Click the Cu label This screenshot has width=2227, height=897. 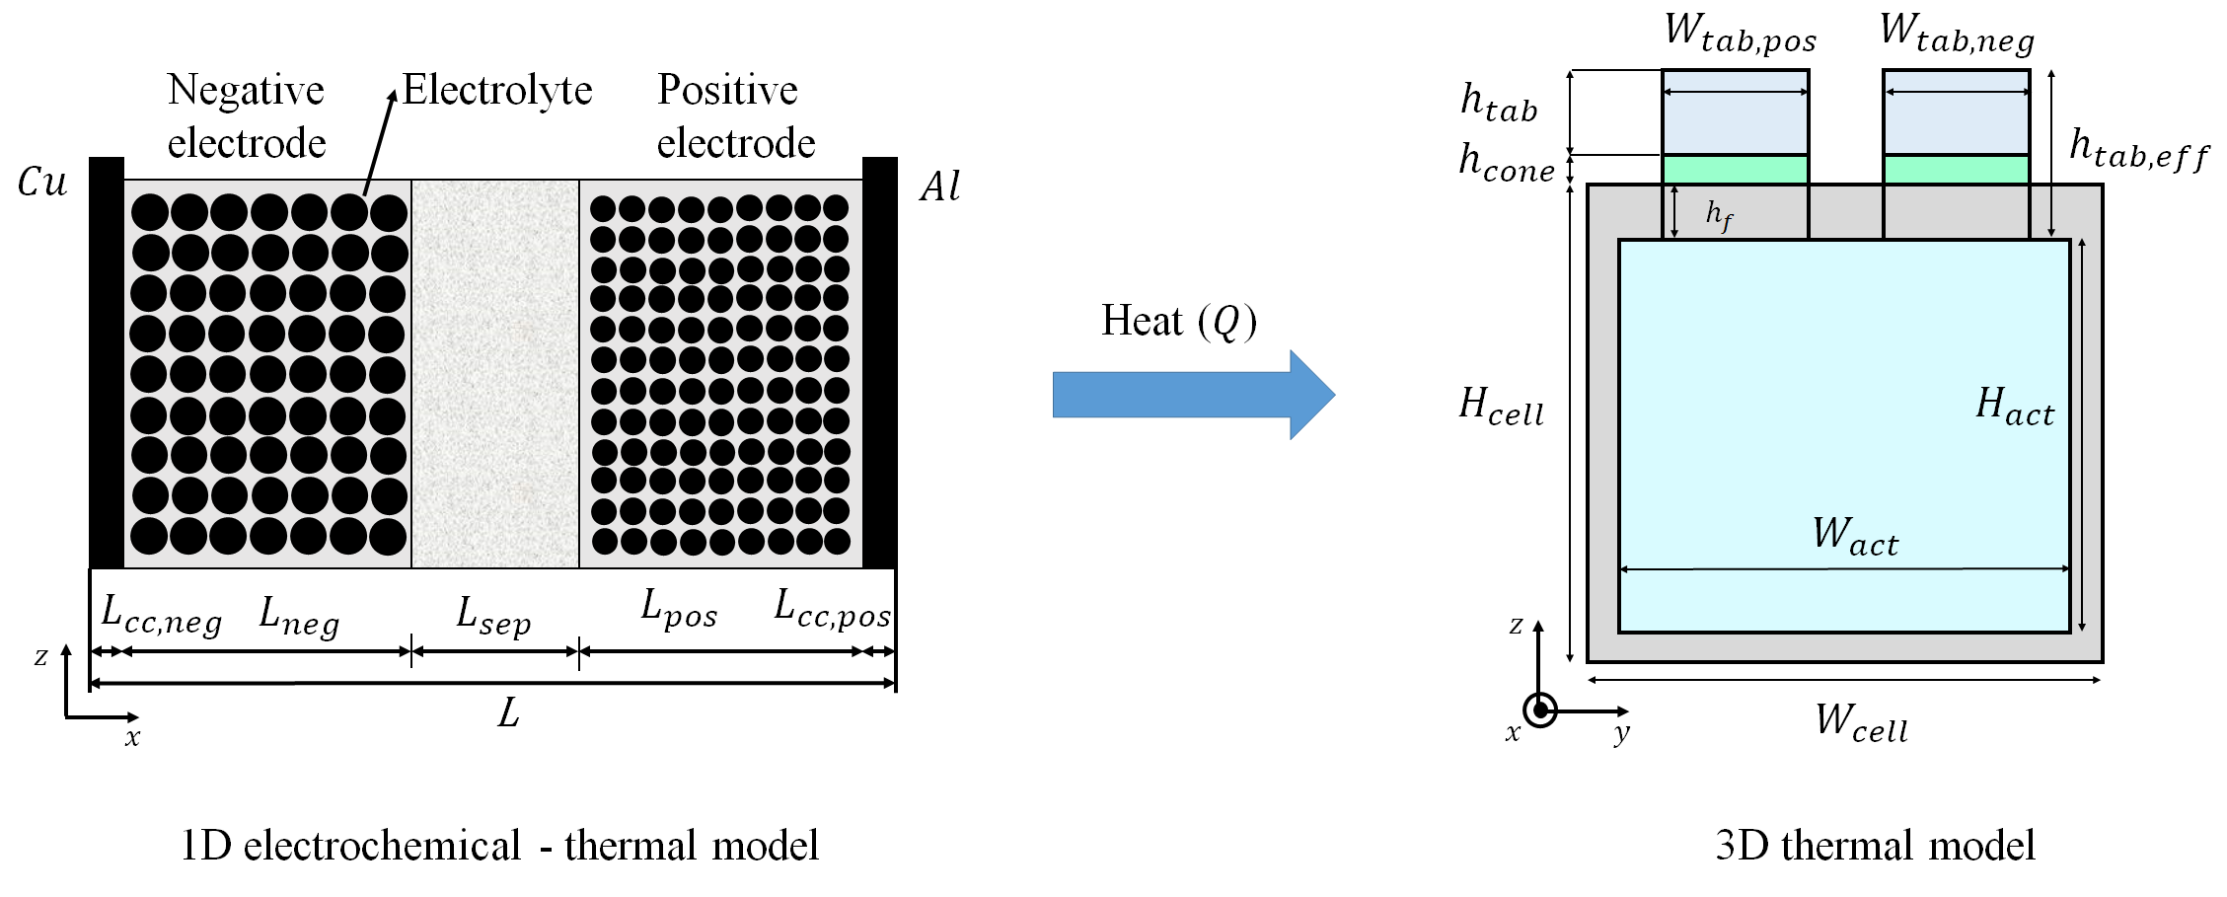pos(42,183)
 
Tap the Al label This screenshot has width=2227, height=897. pos(939,187)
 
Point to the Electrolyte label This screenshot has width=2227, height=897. pos(497,91)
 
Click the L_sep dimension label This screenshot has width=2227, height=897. pos(493,617)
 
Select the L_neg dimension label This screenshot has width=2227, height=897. pos(299,617)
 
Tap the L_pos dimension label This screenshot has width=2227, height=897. pos(679,609)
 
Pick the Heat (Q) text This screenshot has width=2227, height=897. pos(1179,322)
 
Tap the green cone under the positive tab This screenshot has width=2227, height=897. pos(1735,170)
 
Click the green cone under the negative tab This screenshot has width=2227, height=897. pos(1956,170)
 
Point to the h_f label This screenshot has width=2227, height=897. pos(1719,215)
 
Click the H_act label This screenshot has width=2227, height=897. pos(2015,407)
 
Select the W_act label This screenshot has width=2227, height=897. pos(1855,536)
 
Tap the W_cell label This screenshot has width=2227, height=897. pos(1861,722)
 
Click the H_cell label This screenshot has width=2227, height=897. pos(1501,407)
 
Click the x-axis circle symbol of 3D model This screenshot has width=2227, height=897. pos(1539,710)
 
